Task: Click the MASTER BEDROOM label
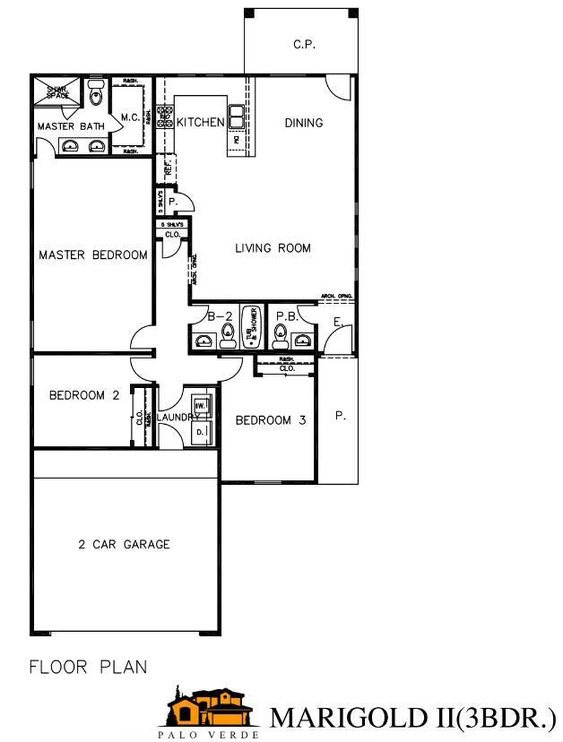[92, 255]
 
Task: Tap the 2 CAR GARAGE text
[124, 544]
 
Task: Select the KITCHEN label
[200, 122]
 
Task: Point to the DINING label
[304, 123]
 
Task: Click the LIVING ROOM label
[273, 248]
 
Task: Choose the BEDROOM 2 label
[84, 395]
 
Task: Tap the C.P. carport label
[304, 44]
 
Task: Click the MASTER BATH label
[70, 126]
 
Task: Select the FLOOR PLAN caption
[88, 667]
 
